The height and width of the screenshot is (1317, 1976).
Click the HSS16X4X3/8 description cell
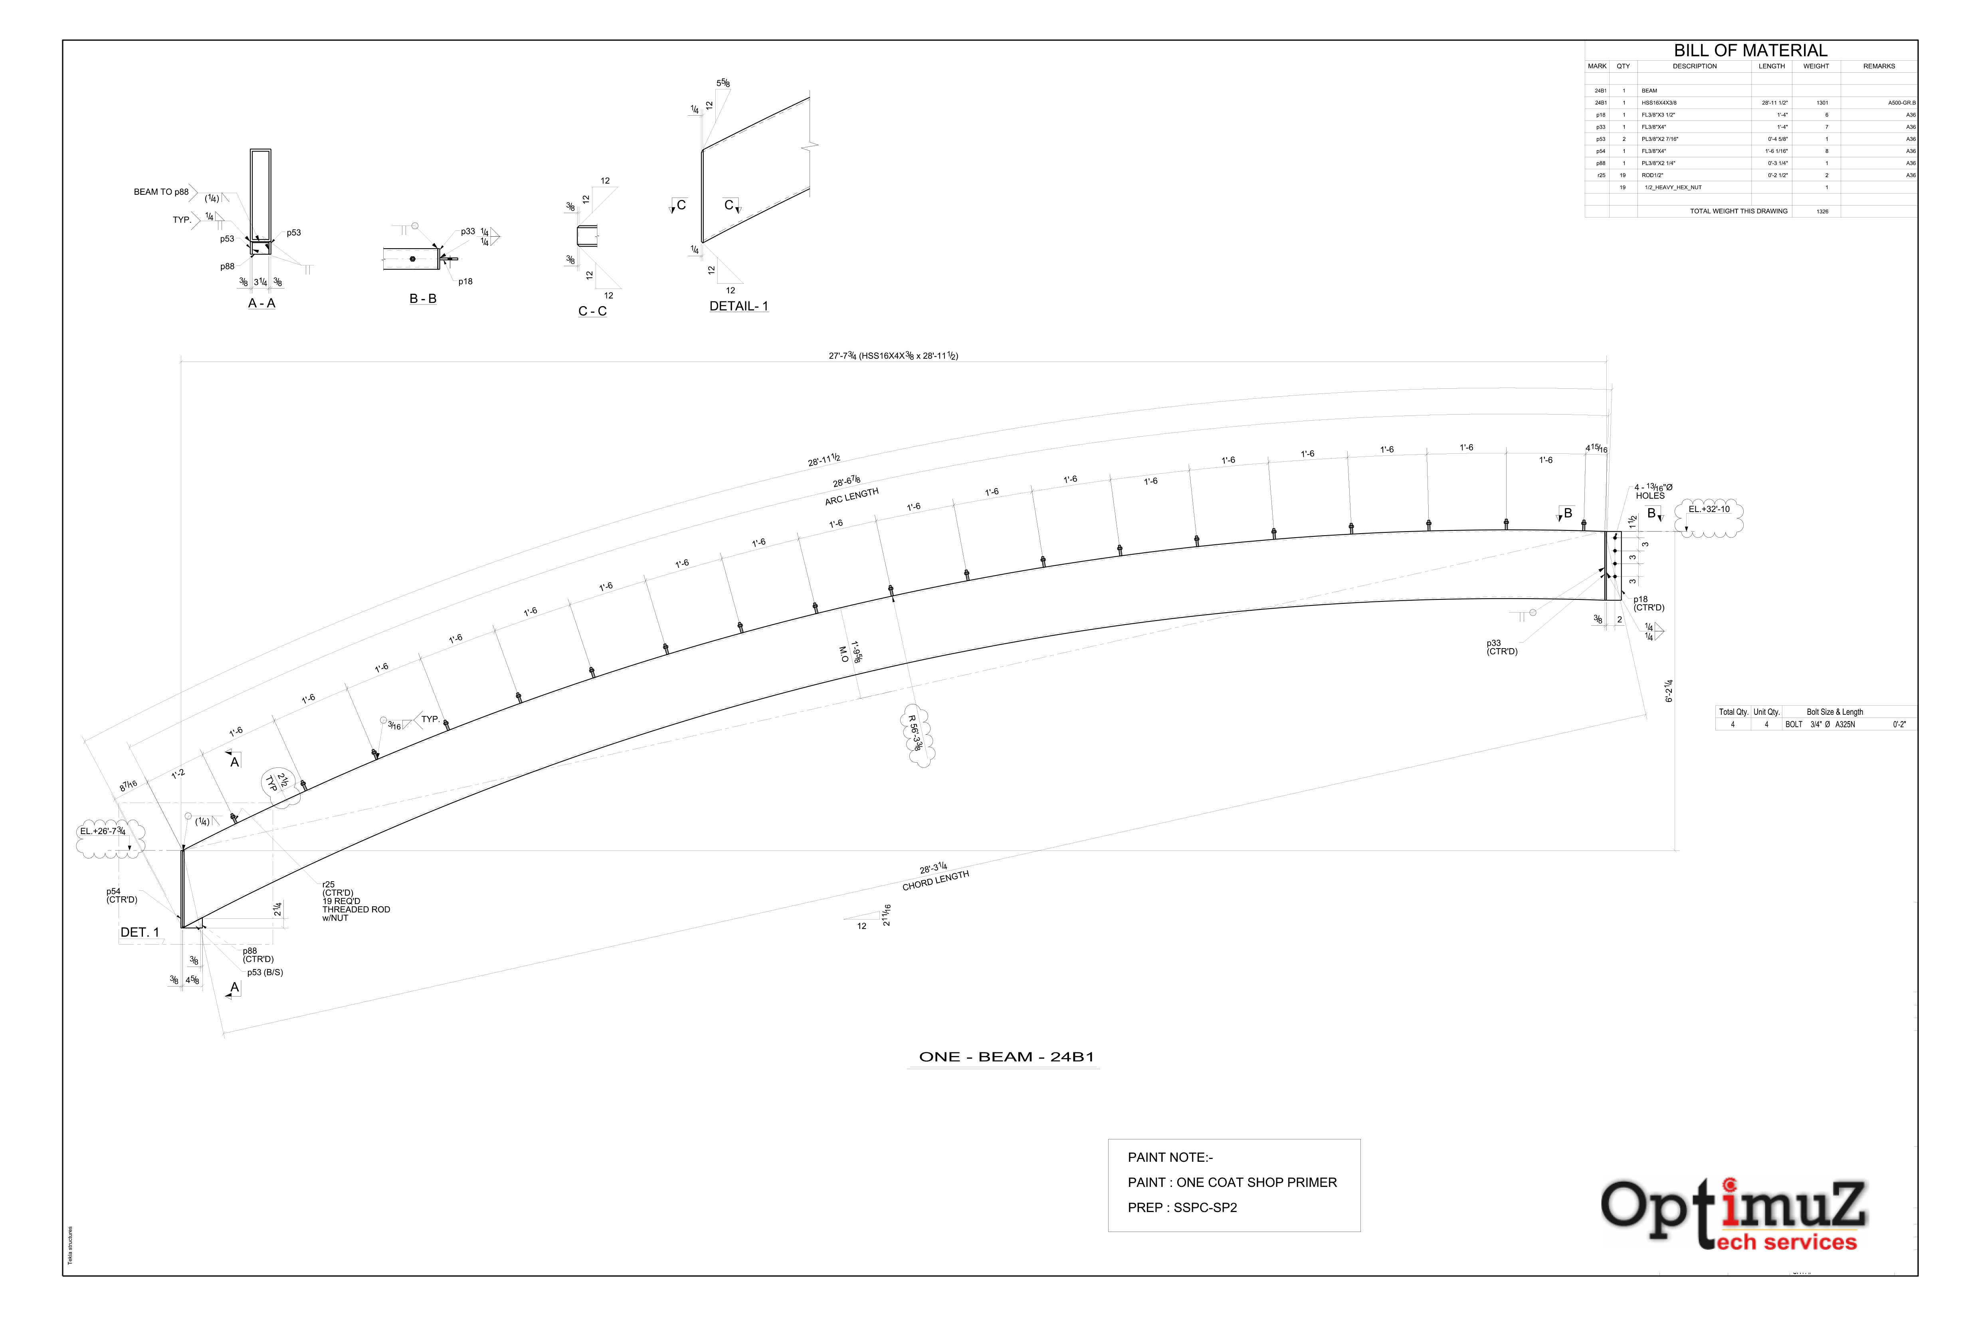1659,103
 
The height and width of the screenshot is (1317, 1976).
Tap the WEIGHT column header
1816,66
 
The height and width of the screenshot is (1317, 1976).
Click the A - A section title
261,303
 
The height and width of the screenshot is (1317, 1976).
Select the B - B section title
423,299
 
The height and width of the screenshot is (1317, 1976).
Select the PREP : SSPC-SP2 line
1182,1208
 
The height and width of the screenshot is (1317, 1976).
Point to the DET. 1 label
139,932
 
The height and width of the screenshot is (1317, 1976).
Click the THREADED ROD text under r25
356,910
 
